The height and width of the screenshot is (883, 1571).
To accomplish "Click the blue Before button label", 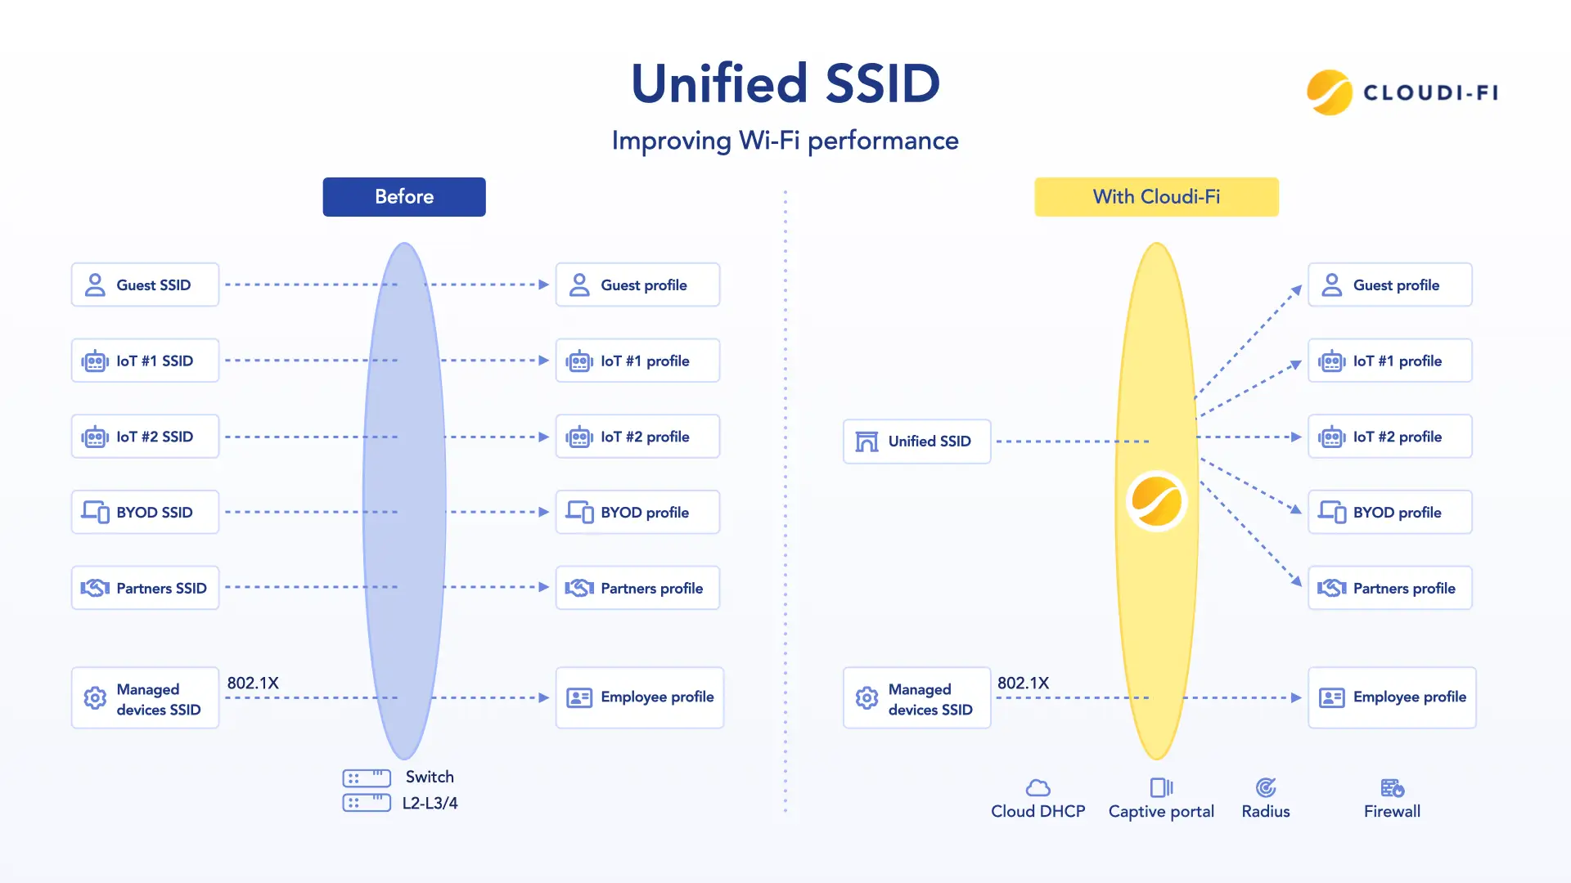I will pos(404,197).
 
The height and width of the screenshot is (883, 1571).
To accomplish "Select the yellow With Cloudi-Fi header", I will pos(1156,197).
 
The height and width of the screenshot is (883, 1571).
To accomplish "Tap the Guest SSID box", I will pos(145,285).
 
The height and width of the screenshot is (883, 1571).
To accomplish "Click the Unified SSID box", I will pos(916,441).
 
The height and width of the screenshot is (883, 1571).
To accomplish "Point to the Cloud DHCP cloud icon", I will pos(1038,787).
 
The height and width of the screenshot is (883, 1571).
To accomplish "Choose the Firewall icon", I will pos(1392,787).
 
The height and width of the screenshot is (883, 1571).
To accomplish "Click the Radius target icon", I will pos(1266,787).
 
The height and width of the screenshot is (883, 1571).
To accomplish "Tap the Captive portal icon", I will pos(1161,787).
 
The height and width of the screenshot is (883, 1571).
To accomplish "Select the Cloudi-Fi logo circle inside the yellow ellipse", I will pos(1156,501).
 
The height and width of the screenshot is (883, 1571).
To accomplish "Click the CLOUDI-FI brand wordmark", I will pos(1430,92).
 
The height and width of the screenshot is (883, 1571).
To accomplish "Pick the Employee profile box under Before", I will pos(640,697).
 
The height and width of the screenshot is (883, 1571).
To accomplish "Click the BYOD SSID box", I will pos(145,513).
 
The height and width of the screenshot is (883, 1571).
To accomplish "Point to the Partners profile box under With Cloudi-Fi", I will pos(1389,588).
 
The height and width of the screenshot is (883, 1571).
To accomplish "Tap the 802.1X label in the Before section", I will pos(253,683).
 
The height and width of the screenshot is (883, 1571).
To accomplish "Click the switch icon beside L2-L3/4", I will pos(367,790).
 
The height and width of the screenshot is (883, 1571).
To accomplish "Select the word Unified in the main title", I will pos(720,83).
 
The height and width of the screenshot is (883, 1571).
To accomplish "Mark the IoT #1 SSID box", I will pos(145,361).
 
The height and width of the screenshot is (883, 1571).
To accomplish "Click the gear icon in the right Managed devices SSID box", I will pos(867,697).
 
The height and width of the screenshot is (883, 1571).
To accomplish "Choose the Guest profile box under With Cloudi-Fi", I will pos(1389,285).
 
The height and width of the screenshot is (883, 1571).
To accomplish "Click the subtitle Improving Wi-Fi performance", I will pos(785,141).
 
